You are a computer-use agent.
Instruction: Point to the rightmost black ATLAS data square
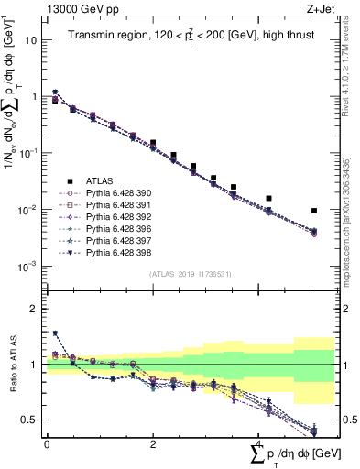[x=314, y=211]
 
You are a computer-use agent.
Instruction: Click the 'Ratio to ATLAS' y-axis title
[x=11, y=365]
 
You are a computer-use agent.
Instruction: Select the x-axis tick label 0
[x=46, y=443]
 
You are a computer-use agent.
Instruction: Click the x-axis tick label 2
[x=153, y=443]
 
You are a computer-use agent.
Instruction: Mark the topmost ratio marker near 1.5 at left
[x=55, y=333]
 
